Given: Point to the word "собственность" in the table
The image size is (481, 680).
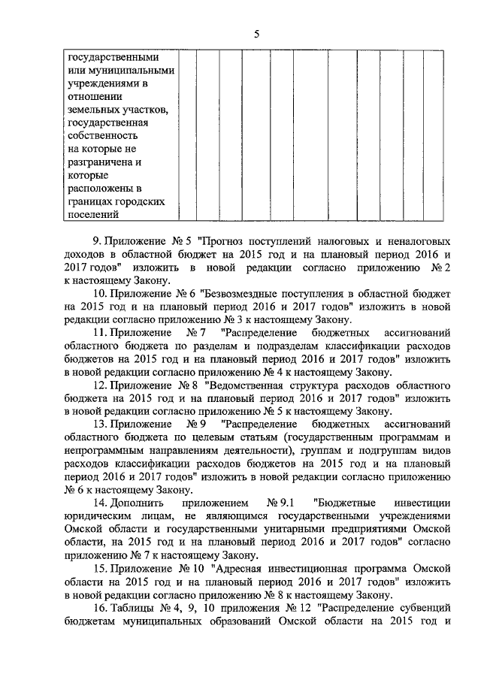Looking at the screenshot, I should click(x=101, y=136).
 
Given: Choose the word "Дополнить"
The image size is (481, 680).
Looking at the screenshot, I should click(x=138, y=504).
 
